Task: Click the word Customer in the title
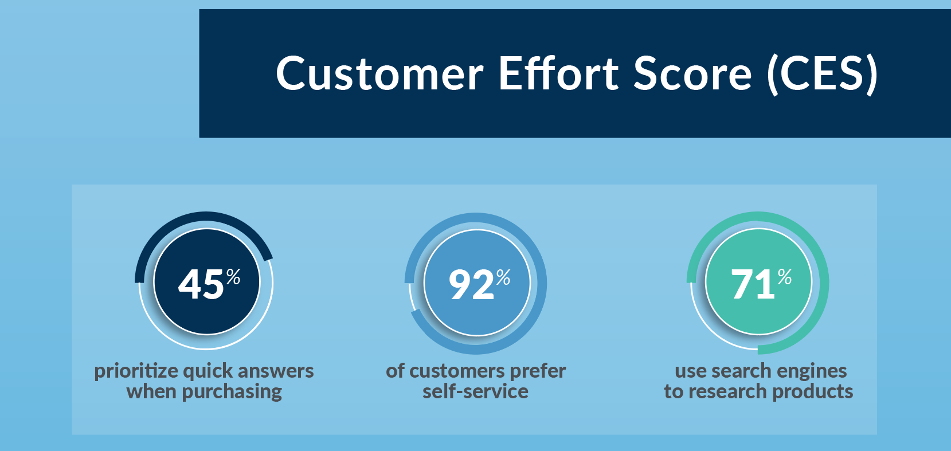point(380,73)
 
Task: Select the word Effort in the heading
point(559,72)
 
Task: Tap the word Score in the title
point(692,73)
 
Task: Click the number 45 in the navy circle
point(201,284)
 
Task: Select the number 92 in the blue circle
point(472,285)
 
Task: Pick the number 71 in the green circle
point(753,284)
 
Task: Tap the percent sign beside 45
point(233,277)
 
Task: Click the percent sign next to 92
point(503,277)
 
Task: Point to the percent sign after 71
point(785,277)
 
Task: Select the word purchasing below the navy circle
point(232,391)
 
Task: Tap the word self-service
point(476,391)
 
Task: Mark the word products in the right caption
point(813,391)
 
